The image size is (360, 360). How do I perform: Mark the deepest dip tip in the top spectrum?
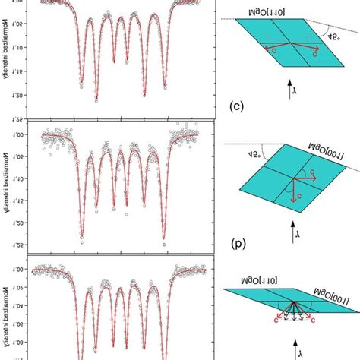(x=96, y=99)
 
